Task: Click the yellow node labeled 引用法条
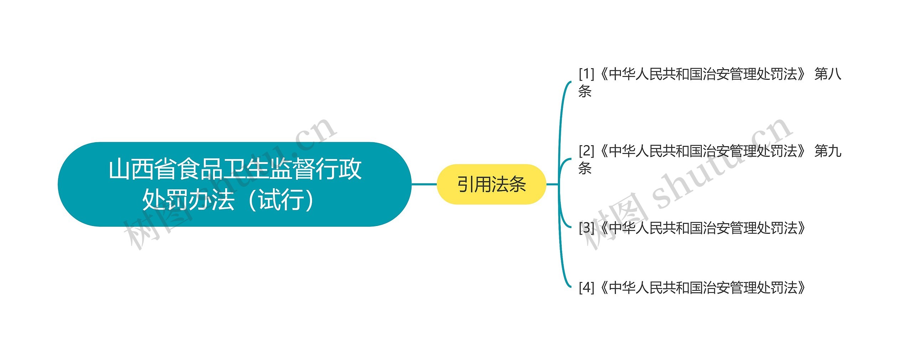(x=491, y=184)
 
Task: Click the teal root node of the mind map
(x=234, y=184)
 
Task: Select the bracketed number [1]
(x=586, y=74)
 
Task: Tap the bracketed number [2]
(x=586, y=151)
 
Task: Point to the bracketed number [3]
(x=586, y=228)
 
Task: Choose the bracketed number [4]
(x=586, y=288)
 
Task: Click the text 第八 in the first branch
(x=828, y=74)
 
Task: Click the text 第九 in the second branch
(x=828, y=151)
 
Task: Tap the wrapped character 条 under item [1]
(x=585, y=91)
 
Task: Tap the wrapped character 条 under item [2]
(x=585, y=168)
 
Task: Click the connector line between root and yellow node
(x=424, y=184)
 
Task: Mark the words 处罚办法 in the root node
(x=188, y=200)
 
